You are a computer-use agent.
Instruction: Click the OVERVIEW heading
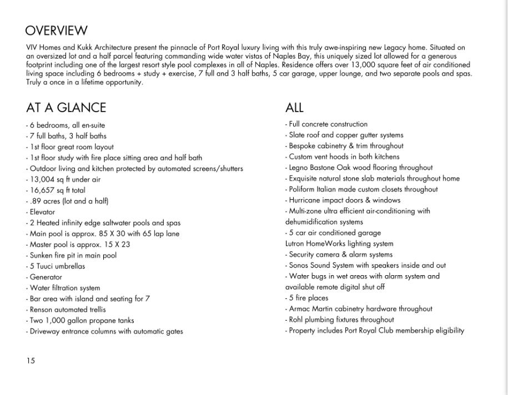coord(56,31)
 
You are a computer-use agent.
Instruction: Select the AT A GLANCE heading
coord(66,108)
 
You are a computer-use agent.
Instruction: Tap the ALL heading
coord(294,108)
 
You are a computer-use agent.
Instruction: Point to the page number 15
coord(30,361)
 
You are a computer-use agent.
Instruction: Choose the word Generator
coord(46,277)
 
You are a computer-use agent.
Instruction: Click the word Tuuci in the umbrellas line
coord(46,266)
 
